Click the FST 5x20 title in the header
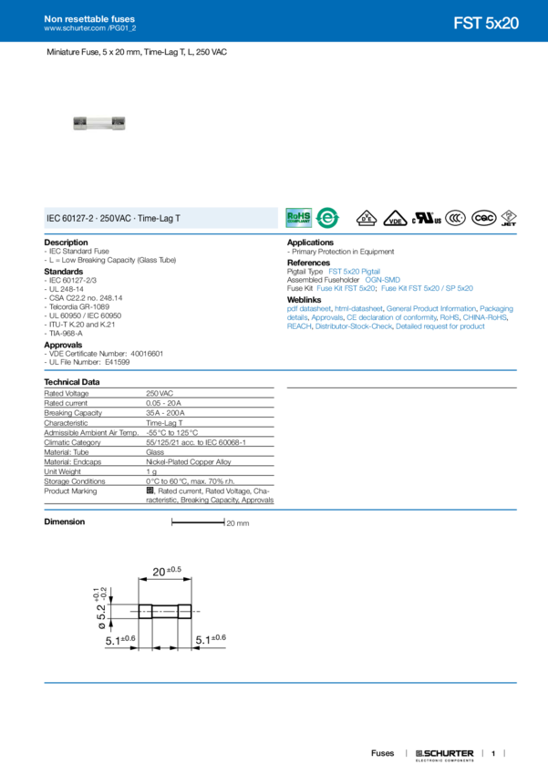486,24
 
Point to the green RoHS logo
299,218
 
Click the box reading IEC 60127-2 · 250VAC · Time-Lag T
160,219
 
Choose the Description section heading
67,242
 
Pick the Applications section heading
311,242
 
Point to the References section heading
310,262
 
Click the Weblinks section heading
305,298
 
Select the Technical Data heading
73,380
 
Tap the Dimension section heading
66,522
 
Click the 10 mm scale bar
199,523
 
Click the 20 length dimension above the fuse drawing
165,572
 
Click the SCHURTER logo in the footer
445,754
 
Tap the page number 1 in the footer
493,754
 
